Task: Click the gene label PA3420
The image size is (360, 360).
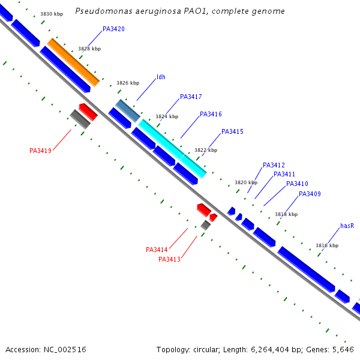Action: click(x=113, y=29)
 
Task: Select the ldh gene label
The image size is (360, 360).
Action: click(x=161, y=77)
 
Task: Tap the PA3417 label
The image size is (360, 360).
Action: click(x=191, y=97)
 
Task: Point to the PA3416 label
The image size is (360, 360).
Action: click(x=211, y=114)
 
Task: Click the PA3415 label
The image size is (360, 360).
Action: click(x=232, y=131)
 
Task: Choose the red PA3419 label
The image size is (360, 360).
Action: click(x=40, y=151)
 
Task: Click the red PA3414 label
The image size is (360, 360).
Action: click(x=157, y=250)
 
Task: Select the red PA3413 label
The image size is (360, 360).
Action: click(x=169, y=259)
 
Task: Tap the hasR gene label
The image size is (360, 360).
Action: click(x=347, y=226)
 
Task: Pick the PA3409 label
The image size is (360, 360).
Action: click(x=310, y=194)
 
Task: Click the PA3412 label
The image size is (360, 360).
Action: click(x=274, y=165)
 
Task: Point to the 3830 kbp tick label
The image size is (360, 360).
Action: click(x=51, y=14)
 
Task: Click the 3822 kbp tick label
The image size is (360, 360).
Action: click(x=206, y=150)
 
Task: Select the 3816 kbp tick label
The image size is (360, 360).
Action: click(x=327, y=245)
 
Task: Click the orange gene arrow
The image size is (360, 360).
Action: click(x=73, y=62)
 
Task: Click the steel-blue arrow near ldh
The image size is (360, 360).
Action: click(x=127, y=110)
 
